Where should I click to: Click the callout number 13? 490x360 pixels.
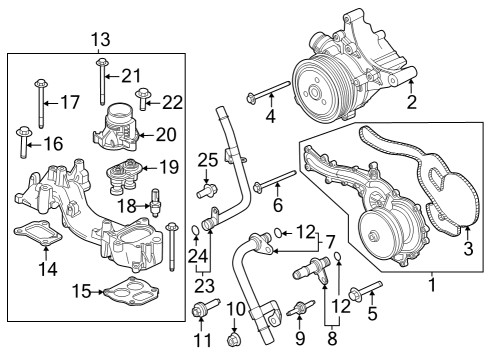point(100,40)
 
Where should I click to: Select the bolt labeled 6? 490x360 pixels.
point(273,182)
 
